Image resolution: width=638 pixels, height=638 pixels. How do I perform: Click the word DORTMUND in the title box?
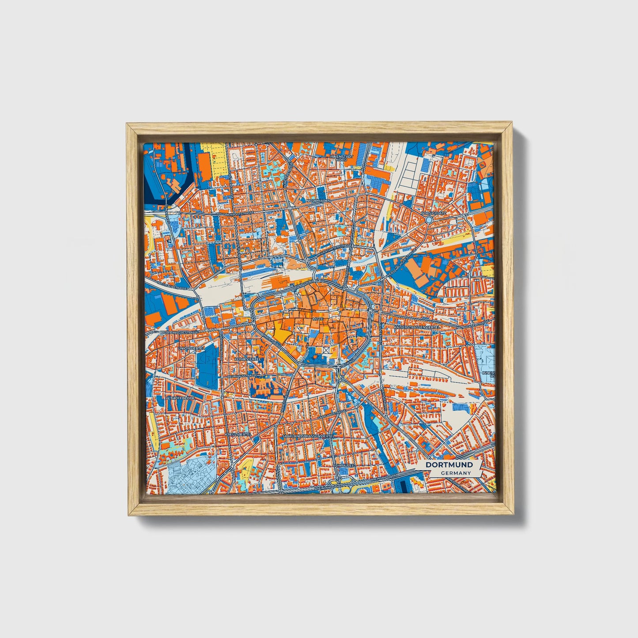[x=449, y=465]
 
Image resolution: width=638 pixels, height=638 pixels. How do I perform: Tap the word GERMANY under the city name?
[x=456, y=473]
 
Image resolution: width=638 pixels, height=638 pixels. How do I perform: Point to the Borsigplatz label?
[x=434, y=213]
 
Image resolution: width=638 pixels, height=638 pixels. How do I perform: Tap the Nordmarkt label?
[x=316, y=200]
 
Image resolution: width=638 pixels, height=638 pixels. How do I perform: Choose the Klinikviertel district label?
[x=248, y=359]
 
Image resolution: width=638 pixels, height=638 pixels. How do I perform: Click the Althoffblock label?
[x=179, y=398]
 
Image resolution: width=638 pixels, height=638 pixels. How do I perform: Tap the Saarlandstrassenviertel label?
[x=308, y=435]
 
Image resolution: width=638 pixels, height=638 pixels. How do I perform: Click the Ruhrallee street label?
[x=343, y=465]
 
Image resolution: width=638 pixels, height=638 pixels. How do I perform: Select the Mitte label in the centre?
[x=317, y=318]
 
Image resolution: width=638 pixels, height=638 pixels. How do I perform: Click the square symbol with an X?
[x=326, y=350]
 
